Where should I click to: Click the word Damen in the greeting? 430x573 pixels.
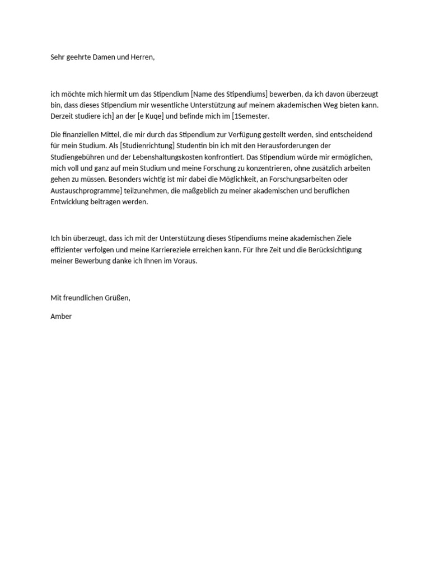101,58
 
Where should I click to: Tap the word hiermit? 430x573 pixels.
115,94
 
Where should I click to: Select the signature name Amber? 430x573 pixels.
61,316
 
